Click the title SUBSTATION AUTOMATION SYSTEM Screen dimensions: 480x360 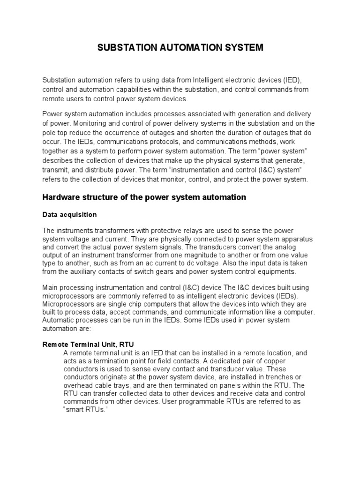click(180, 47)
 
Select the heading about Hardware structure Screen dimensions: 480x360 click(144, 197)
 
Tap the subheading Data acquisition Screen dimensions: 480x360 click(69, 215)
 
